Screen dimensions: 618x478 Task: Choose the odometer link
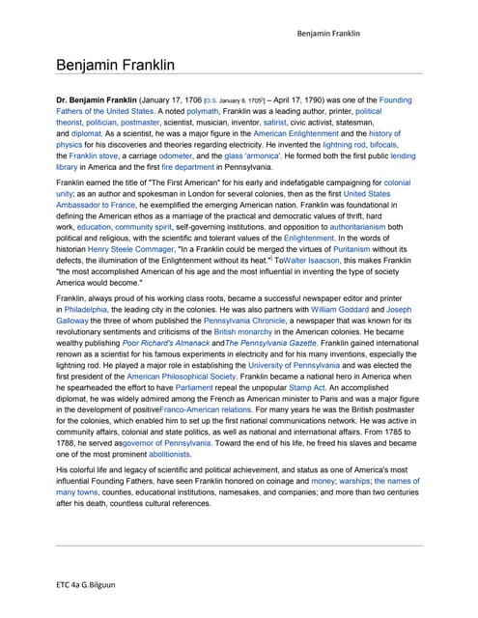click(188, 155)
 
